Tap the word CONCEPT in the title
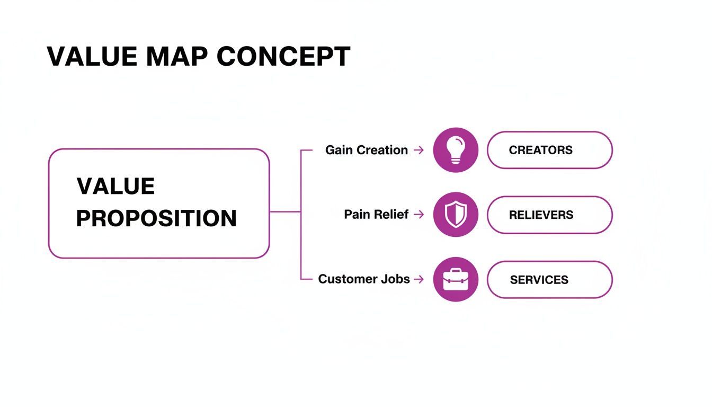point(284,56)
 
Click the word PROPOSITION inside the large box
point(156,218)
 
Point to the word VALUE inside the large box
point(115,187)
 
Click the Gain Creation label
point(367,150)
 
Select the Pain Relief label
point(376,215)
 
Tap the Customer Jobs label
point(364,279)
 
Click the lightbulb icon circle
point(456,150)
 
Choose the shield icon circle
point(456,215)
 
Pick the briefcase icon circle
point(456,279)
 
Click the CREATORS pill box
point(549,150)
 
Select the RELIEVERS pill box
point(549,215)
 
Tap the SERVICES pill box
point(549,279)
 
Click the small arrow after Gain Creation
point(419,151)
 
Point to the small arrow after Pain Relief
point(419,215)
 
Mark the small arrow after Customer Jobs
point(419,279)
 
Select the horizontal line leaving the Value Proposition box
point(285,211)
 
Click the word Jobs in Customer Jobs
point(395,279)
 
